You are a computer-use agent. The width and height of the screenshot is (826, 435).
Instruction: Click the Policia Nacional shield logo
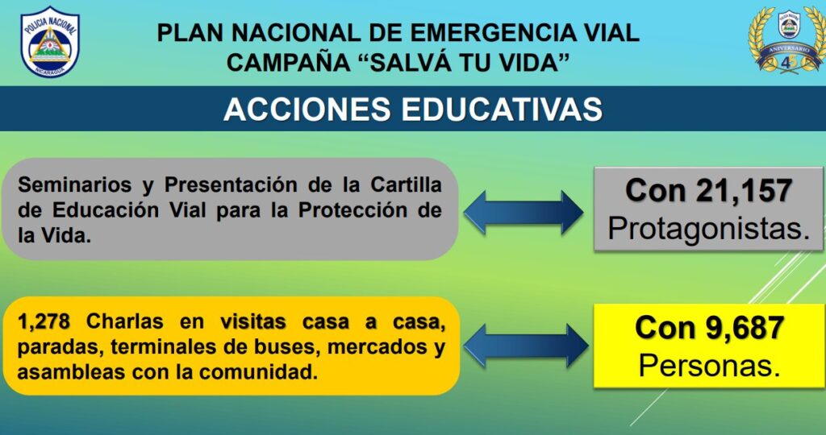[49, 42]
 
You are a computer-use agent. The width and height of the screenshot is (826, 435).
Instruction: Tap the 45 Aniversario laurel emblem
[788, 39]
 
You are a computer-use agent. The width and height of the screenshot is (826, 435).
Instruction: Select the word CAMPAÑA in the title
[288, 63]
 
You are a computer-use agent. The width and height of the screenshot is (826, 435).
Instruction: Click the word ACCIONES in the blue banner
[307, 110]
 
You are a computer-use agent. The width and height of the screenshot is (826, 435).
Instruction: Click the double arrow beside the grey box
[524, 213]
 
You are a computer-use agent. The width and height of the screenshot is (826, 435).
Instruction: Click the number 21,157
[744, 191]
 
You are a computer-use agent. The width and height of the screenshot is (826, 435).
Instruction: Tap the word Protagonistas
[708, 229]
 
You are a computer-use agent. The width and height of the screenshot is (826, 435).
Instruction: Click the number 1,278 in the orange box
[44, 321]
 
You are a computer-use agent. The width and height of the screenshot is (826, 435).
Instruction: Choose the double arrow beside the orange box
[526, 346]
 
